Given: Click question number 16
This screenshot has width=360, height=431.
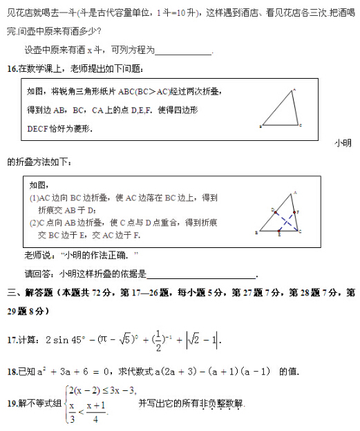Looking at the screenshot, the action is tap(12, 68).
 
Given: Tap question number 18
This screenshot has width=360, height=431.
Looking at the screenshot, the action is tap(12, 372).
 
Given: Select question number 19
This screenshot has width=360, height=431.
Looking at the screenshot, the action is tap(12, 403).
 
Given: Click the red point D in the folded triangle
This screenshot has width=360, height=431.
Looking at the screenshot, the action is tap(275, 209).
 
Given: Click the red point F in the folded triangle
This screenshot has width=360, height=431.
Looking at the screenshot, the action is tap(295, 213).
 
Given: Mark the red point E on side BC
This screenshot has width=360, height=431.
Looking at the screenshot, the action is tap(280, 231).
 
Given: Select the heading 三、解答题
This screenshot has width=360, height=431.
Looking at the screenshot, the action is tap(30, 293).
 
